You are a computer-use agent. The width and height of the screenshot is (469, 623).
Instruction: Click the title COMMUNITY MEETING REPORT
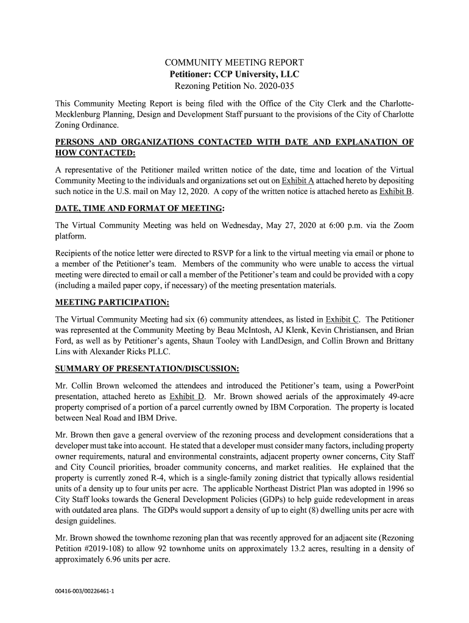[x=234, y=63]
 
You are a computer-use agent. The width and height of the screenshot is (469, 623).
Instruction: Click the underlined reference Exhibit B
[x=395, y=192]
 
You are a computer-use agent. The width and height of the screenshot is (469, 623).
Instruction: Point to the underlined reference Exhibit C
[x=343, y=319]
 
